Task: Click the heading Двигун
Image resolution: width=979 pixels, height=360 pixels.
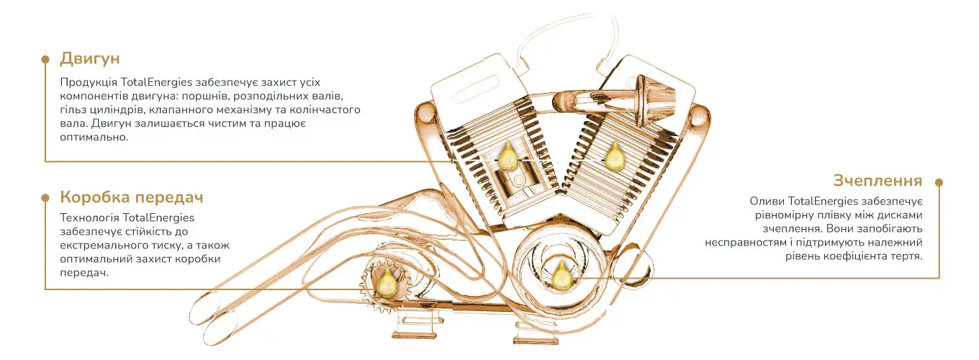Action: [x=89, y=58]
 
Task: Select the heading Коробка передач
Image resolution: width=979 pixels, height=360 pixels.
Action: [x=132, y=197]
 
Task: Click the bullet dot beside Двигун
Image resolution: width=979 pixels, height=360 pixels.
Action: [x=45, y=59]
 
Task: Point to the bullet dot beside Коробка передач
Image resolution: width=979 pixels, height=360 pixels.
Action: [x=45, y=198]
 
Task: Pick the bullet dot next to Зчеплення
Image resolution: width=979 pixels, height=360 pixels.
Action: [x=939, y=181]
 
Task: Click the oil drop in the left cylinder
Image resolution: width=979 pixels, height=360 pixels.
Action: [x=507, y=156]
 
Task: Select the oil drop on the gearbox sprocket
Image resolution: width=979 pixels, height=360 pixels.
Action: [x=387, y=283]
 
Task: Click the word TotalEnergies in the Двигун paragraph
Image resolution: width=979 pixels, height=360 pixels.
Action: [x=156, y=82]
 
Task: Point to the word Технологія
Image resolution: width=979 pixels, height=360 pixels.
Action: [x=89, y=217]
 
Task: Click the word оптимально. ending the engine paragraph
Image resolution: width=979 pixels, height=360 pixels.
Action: [x=94, y=138]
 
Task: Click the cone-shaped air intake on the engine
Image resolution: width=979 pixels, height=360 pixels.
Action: [x=654, y=97]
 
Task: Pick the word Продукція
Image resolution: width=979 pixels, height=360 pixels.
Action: [x=89, y=83]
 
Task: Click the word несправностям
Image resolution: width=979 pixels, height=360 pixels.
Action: [x=745, y=243]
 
